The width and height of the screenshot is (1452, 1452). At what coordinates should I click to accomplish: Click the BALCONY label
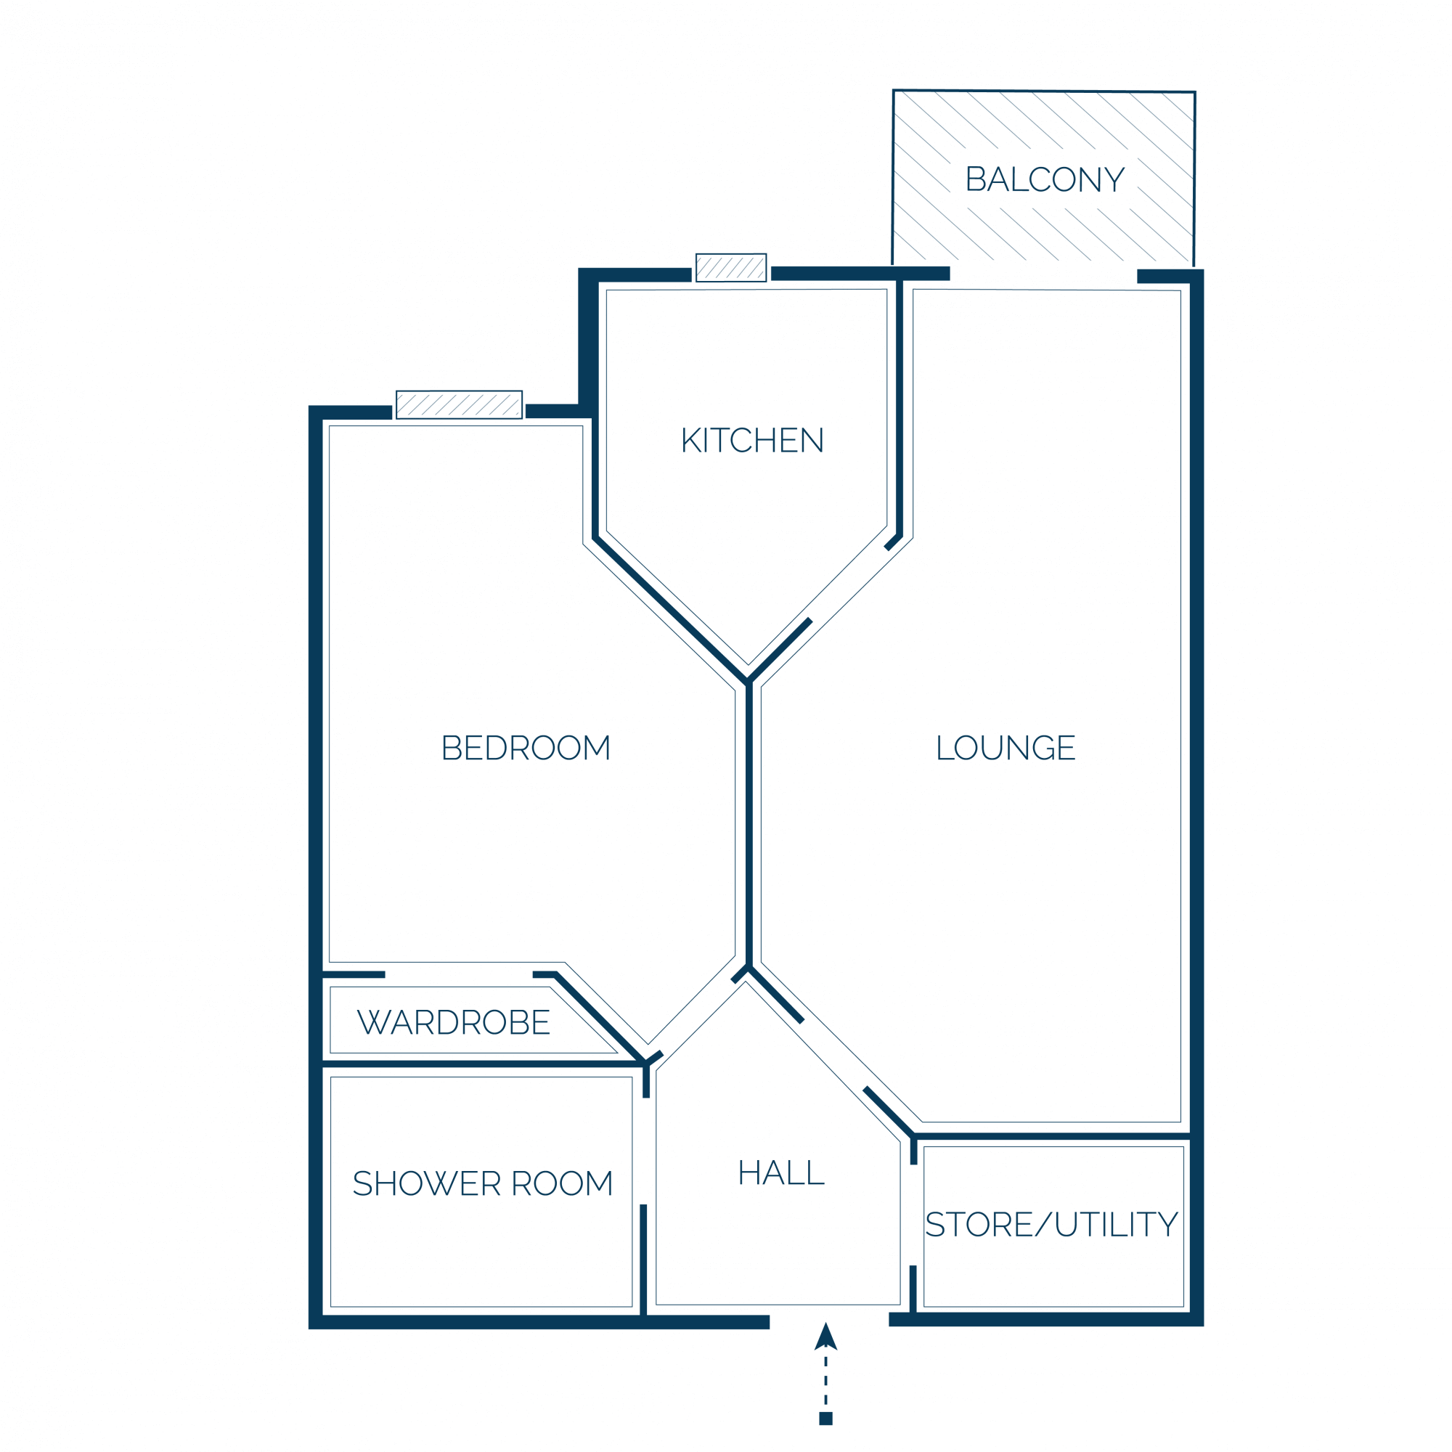[1045, 179]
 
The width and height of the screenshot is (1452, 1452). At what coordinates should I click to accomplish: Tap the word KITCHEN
[752, 441]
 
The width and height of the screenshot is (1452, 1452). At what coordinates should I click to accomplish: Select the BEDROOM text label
[526, 748]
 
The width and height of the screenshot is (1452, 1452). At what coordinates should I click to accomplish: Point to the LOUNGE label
[1006, 748]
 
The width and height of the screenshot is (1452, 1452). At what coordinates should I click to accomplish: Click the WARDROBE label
[454, 1022]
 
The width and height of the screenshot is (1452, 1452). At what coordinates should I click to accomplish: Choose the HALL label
[782, 1173]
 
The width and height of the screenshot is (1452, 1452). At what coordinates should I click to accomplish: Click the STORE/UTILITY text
[1051, 1224]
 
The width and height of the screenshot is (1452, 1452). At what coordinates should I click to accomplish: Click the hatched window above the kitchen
[731, 268]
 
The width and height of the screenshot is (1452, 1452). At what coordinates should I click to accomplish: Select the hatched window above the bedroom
[460, 405]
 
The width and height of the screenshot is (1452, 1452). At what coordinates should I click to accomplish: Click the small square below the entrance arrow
[826, 1419]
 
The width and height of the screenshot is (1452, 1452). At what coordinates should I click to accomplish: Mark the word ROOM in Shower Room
[562, 1183]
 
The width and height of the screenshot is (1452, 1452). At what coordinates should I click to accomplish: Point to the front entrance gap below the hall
[830, 1322]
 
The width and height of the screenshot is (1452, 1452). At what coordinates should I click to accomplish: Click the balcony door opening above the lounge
[1044, 275]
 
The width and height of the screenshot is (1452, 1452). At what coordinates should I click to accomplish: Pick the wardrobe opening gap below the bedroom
[460, 975]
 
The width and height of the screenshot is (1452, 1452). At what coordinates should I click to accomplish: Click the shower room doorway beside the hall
[643, 1151]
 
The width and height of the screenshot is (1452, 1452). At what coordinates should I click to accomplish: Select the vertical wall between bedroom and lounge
[749, 825]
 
